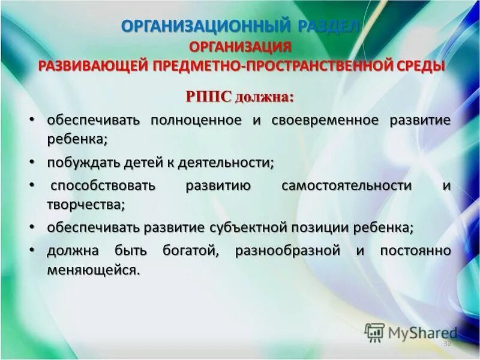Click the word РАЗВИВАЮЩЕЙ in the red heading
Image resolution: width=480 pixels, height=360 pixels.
(x=92, y=65)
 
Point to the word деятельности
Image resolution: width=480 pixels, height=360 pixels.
(x=232, y=162)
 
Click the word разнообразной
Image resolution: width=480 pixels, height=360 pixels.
(x=288, y=251)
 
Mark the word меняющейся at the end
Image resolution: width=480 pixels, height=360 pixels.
(x=93, y=270)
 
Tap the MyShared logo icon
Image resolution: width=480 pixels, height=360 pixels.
(x=374, y=332)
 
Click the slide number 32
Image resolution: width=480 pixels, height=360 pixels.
(x=446, y=344)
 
